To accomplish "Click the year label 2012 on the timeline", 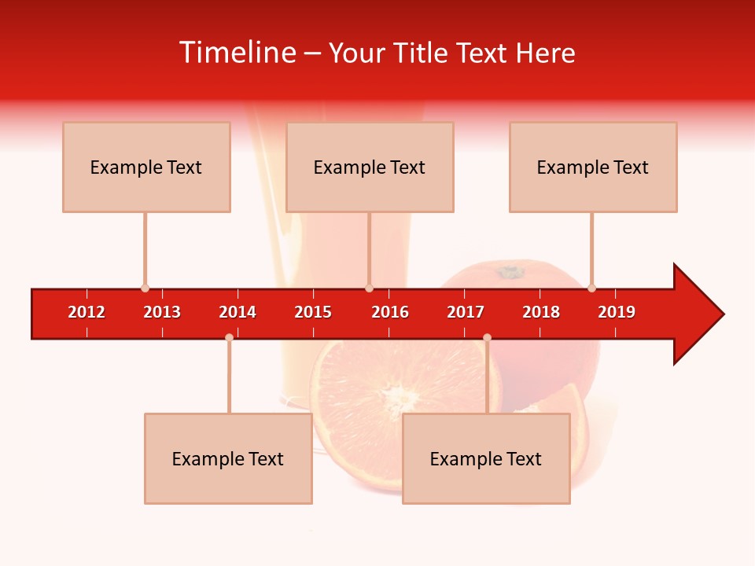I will pyautogui.click(x=87, y=312).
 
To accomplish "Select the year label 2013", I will pyautogui.click(x=162, y=312).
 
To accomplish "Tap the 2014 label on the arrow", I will pyautogui.click(x=238, y=312).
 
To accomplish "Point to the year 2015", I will pyautogui.click(x=313, y=312).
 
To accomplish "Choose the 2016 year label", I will pyautogui.click(x=390, y=312).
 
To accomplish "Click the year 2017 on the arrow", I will pyautogui.click(x=466, y=312).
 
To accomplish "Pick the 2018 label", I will pyautogui.click(x=541, y=312).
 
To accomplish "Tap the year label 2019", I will pyautogui.click(x=617, y=312).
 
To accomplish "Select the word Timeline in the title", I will pyautogui.click(x=237, y=53).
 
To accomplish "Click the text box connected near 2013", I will pyautogui.click(x=146, y=167).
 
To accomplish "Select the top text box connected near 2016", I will pyautogui.click(x=370, y=167).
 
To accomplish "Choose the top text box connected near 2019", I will pyautogui.click(x=593, y=167).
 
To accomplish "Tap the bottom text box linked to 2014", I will pyautogui.click(x=228, y=458).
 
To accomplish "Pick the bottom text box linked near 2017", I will pyautogui.click(x=486, y=458).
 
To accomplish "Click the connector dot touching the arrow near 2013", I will pyautogui.click(x=145, y=289).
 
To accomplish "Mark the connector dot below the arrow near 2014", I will pyautogui.click(x=229, y=337).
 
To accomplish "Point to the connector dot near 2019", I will pyautogui.click(x=591, y=289).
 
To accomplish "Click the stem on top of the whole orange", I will pyautogui.click(x=510, y=272).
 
